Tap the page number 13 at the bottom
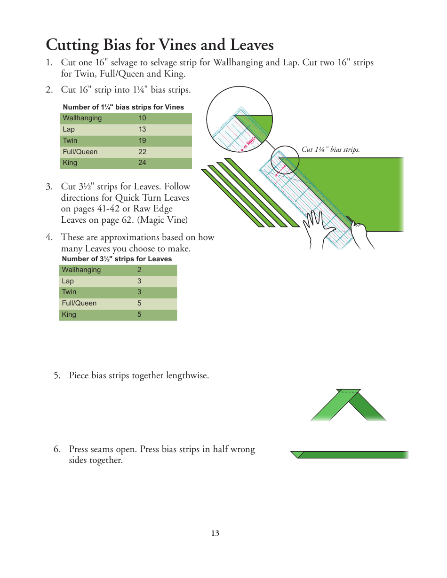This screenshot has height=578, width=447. coord(215,533)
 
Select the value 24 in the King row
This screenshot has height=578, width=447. coord(142,163)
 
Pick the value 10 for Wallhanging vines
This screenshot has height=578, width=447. coord(142,118)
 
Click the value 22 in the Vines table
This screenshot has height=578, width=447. coord(142,152)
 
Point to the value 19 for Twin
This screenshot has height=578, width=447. coord(142,141)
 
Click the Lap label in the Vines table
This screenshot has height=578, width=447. coord(69,129)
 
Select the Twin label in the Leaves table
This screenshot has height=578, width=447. coord(69,292)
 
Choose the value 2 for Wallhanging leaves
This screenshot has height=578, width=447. coord(139,270)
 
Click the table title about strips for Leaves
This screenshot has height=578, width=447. coord(117,259)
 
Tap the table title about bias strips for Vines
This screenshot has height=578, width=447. coord(123,107)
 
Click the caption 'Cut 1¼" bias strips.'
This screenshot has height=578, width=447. coord(330,149)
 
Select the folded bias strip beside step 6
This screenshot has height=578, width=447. coord(351,454)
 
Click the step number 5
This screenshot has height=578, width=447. coord(57,375)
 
